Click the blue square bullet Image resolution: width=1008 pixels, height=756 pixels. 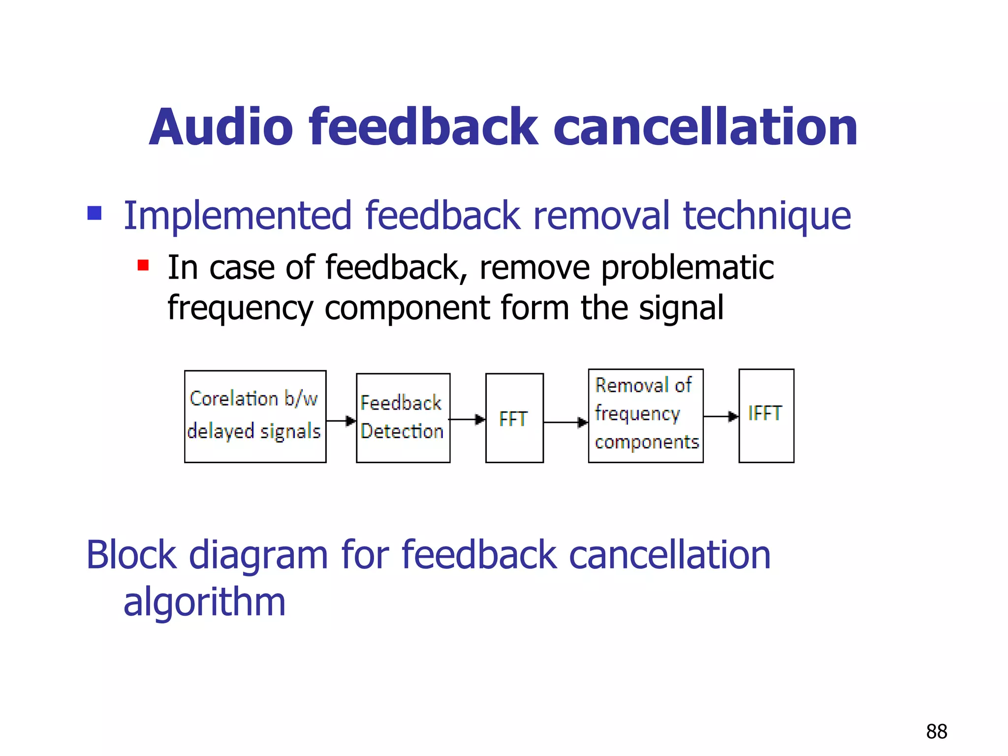point(94,213)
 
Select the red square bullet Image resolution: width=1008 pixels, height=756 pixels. point(143,266)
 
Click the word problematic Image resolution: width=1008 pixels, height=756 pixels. point(687,268)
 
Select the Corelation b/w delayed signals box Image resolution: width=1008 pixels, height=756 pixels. point(255,416)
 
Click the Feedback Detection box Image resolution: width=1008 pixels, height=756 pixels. point(403,417)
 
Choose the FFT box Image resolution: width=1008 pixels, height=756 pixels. point(514,418)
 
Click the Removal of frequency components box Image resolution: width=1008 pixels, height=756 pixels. point(645,416)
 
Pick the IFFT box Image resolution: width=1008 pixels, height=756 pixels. point(766,416)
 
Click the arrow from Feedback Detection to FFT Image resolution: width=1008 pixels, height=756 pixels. point(467,419)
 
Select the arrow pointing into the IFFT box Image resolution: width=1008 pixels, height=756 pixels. point(721,416)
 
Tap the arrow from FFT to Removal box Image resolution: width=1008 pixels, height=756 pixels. point(566,422)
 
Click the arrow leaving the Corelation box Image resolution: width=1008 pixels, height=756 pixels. point(341,421)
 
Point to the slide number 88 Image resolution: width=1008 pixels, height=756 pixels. point(936,731)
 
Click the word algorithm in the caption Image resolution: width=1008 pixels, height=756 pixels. point(204,602)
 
